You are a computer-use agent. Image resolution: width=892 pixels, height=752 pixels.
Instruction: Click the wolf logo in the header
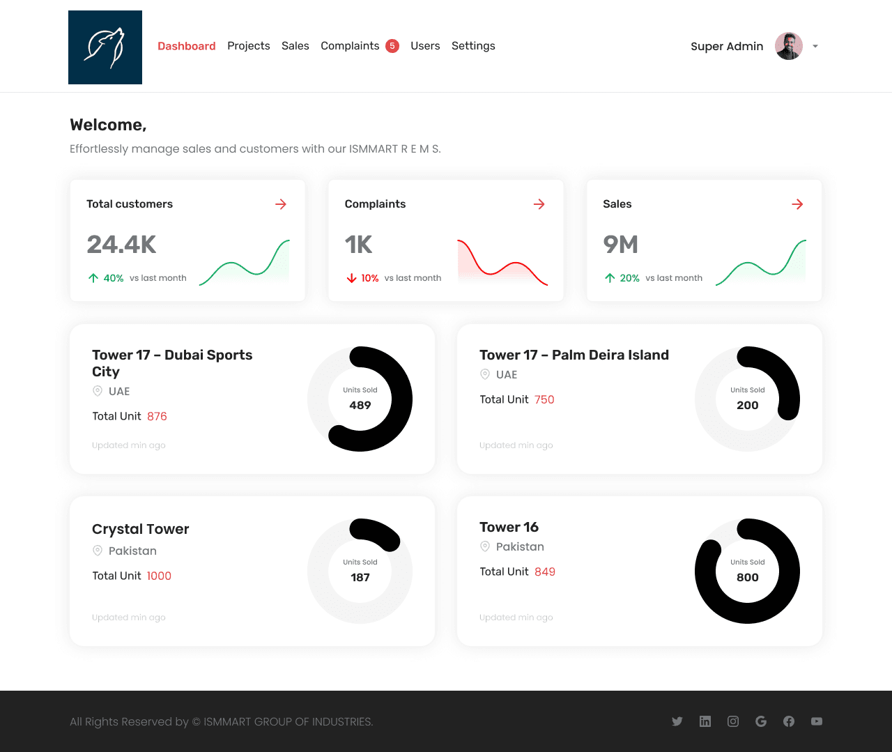coord(105,47)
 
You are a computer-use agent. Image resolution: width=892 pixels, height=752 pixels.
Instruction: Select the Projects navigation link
coord(249,46)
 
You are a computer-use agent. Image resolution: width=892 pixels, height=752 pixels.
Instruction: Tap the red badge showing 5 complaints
coord(392,46)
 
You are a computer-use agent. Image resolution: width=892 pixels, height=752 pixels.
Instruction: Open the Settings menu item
coord(473,46)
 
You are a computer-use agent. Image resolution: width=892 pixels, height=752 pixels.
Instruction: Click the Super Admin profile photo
coord(789,46)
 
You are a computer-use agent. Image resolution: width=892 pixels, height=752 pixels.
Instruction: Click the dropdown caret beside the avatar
coord(815,46)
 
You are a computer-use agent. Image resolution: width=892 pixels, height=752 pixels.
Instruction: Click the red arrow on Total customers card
coord(281,204)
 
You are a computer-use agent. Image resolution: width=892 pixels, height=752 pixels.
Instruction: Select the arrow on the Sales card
coord(797,204)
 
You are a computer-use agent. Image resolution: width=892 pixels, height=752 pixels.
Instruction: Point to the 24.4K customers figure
coord(122,245)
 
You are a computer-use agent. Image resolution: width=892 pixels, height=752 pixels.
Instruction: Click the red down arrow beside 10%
coord(352,278)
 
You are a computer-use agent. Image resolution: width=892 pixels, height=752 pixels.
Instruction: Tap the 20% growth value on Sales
coord(630,278)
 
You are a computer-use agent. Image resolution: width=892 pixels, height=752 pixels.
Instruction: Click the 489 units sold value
coord(360,405)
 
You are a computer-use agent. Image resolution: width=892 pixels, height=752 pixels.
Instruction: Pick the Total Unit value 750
coord(544,399)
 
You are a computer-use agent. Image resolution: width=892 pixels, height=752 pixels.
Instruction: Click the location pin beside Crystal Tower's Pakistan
coord(98,551)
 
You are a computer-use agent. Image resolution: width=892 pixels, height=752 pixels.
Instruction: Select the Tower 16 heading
coord(509,527)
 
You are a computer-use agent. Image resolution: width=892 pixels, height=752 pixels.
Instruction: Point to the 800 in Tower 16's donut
coord(748,577)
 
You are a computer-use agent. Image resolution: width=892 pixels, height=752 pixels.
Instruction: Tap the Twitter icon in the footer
coord(677,721)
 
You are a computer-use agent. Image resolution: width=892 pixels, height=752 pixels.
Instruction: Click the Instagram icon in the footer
coord(733,721)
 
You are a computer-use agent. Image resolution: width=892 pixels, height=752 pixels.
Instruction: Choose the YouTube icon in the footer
coord(817,721)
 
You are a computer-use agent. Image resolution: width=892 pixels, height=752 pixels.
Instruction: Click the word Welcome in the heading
coord(107,125)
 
